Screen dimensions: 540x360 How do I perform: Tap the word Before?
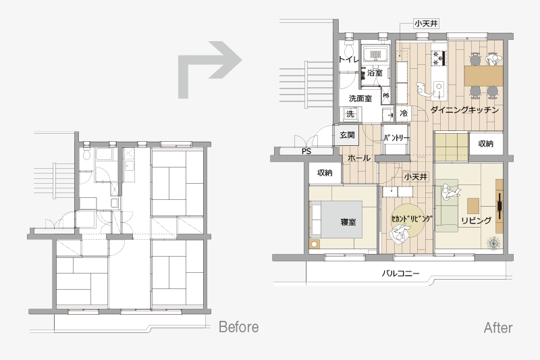[239, 327]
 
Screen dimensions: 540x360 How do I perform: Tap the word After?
[498, 328]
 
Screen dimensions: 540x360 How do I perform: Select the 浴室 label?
[375, 73]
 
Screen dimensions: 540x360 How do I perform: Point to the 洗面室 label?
[360, 99]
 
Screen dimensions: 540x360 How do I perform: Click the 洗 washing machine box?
[350, 113]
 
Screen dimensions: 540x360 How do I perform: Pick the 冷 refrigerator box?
[403, 113]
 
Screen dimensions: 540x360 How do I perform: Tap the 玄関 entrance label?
[347, 134]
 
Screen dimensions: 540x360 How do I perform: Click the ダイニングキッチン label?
[464, 110]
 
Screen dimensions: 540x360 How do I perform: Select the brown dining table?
[483, 76]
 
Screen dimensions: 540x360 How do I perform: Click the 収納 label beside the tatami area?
[485, 144]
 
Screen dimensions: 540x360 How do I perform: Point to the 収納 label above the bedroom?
[325, 172]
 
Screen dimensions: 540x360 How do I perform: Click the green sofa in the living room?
[447, 205]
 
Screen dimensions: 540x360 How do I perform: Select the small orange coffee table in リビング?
[473, 205]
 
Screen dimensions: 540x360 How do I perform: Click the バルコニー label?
[400, 274]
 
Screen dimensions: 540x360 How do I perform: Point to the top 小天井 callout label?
[426, 24]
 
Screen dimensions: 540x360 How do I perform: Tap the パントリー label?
[396, 138]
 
